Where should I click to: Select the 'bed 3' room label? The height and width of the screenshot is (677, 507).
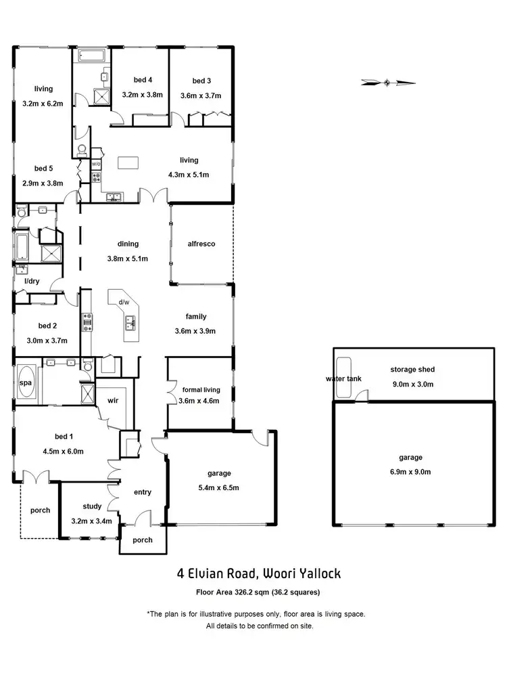201,81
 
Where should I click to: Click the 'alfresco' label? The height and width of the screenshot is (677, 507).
201,244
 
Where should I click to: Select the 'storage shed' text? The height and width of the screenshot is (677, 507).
412,370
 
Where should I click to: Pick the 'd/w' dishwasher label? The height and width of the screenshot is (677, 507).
124,302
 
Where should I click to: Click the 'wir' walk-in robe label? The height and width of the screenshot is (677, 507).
113,401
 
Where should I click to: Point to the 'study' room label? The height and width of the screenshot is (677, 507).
92,506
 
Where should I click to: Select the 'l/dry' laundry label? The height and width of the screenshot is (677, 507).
31,281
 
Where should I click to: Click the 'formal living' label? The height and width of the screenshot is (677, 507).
201,390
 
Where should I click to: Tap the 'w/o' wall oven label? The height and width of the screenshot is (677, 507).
96,164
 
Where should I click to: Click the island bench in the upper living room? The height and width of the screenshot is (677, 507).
128,162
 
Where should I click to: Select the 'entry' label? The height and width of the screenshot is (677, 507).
142,492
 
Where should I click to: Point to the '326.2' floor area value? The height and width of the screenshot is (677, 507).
242,592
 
